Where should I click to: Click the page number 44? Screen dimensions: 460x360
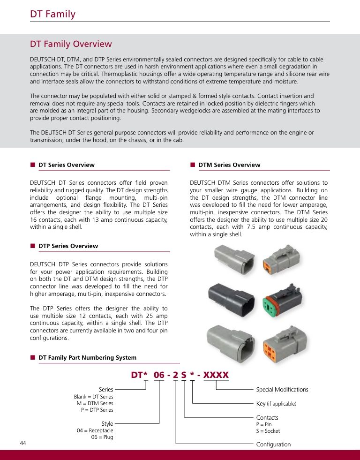23,443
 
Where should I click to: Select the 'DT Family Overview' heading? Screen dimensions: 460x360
71,44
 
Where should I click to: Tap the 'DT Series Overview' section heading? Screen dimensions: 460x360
66,165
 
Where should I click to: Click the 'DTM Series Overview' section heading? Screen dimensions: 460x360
229,165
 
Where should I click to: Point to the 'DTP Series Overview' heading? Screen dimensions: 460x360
68,246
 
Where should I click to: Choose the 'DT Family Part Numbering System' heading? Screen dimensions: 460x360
87,358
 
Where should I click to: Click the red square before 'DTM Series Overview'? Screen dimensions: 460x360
192,165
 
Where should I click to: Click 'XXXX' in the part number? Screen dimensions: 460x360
216,375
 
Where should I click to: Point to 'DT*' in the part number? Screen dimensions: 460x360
140,375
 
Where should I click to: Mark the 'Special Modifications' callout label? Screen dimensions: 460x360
282,390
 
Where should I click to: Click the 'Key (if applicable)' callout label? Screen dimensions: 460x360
276,404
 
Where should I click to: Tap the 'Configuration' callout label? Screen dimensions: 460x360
273,445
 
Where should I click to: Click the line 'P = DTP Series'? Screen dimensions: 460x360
97,410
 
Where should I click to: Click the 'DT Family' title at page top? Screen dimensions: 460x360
52,14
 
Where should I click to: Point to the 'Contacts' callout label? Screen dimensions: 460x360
267,418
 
